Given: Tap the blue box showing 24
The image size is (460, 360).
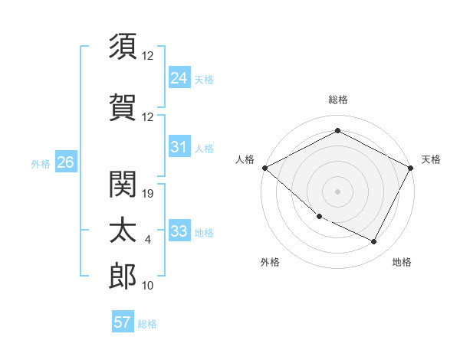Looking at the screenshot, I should tap(179, 78).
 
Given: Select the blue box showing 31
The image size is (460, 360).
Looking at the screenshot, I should tap(179, 147).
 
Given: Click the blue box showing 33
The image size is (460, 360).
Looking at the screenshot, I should tap(179, 231).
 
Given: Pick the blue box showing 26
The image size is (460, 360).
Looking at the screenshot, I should tap(66, 162).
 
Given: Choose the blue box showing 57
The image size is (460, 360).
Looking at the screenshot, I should tap(123, 322).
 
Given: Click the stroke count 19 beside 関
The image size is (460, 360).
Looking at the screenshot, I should tap(149, 194).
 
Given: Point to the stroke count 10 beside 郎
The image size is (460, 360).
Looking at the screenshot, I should tap(149, 286).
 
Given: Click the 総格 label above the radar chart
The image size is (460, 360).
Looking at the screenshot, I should tap(338, 100).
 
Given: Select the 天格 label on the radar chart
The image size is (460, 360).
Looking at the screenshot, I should tap(431, 159).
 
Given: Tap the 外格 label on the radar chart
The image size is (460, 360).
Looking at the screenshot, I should tap(270, 262).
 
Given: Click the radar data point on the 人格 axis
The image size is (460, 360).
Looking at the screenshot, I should tap(264, 168).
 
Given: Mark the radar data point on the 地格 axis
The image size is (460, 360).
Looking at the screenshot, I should tap(374, 242).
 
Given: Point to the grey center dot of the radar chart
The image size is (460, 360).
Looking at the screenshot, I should tap(338, 191).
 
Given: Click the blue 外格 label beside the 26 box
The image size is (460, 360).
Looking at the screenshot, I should tap(41, 163).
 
